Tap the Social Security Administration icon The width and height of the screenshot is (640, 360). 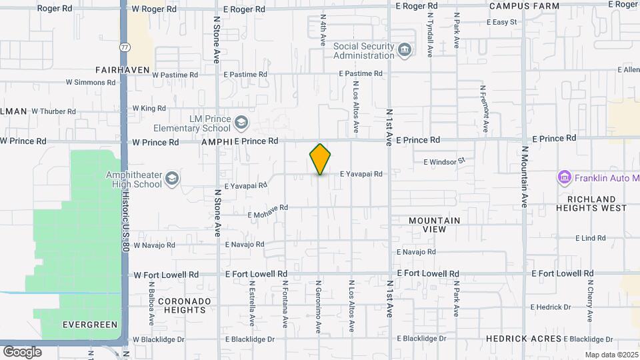tap(404, 51)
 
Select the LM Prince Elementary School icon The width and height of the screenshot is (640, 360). tap(241, 123)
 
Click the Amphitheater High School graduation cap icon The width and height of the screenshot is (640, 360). tap(172, 179)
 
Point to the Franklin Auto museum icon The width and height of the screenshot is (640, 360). tap(565, 178)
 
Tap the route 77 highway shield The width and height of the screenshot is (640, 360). tap(125, 47)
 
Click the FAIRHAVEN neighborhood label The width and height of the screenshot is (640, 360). tap(123, 69)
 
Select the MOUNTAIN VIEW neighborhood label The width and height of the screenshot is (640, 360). tap(435, 225)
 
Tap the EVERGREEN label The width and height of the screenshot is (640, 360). tap(90, 325)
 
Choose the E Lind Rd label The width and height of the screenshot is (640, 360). tap(591, 237)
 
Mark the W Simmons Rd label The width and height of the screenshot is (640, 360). tap(91, 83)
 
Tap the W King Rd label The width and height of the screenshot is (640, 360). tap(149, 108)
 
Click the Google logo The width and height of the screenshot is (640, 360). tap(22, 351)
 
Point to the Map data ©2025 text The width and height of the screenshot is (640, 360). tap(611, 355)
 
